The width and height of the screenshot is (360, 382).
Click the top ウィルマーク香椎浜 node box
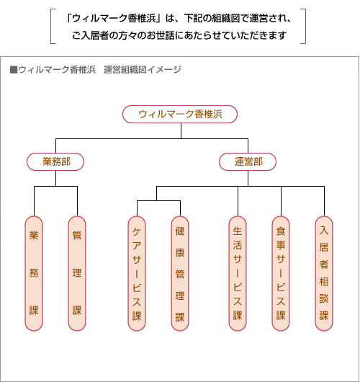pyautogui.click(x=180, y=114)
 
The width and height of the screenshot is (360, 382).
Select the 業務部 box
pyautogui.click(x=55, y=161)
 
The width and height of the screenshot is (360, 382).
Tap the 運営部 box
pyautogui.click(x=248, y=161)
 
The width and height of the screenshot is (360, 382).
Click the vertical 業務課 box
pyautogui.click(x=34, y=273)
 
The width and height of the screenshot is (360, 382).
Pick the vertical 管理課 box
pyautogui.click(x=77, y=273)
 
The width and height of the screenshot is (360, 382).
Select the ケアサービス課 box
pyautogui.click(x=137, y=273)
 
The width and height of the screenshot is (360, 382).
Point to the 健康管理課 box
pyautogui.click(x=180, y=273)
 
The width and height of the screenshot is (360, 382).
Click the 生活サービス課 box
pyautogui.click(x=238, y=273)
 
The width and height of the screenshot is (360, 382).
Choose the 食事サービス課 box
pyautogui.click(x=281, y=273)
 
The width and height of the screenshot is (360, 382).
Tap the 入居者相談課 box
pyautogui.click(x=324, y=273)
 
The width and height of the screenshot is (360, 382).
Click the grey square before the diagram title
pyautogui.click(x=14, y=70)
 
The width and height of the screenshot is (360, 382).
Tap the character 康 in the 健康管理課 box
pyautogui.click(x=180, y=253)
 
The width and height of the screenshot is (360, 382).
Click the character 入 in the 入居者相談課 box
pyautogui.click(x=324, y=230)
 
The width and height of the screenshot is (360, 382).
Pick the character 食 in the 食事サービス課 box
pyautogui.click(x=281, y=231)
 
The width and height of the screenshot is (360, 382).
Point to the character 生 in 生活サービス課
pyautogui.click(x=238, y=231)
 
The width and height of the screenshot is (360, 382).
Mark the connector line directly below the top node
pyautogui.click(x=181, y=131)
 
